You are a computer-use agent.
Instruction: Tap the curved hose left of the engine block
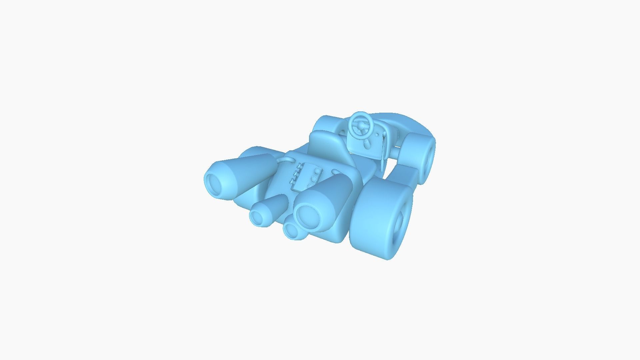click(x=285, y=161)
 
